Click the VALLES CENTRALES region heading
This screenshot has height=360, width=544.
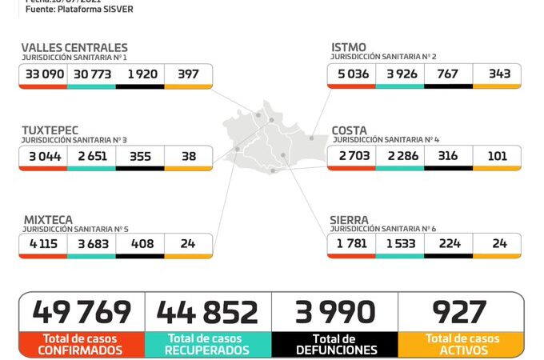click(x=74, y=48)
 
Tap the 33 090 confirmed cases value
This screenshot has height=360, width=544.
click(x=43, y=74)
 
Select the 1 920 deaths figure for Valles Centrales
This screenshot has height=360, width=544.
click(x=140, y=74)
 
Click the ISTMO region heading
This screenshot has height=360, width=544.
click(x=349, y=48)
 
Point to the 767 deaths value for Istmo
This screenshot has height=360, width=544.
click(x=448, y=74)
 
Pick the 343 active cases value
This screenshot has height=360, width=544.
click(x=498, y=74)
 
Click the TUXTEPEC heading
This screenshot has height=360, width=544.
click(x=50, y=129)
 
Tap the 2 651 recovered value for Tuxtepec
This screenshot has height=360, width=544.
click(x=91, y=156)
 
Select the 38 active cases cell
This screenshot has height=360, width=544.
click(x=189, y=156)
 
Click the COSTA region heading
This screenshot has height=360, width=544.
click(x=350, y=129)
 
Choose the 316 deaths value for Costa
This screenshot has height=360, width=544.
click(x=448, y=156)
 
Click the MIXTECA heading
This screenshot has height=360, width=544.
click(x=47, y=218)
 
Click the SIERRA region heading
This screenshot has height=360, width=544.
click(x=350, y=218)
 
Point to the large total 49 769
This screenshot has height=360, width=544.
click(x=81, y=312)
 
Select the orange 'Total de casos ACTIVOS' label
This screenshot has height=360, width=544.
click(x=462, y=344)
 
